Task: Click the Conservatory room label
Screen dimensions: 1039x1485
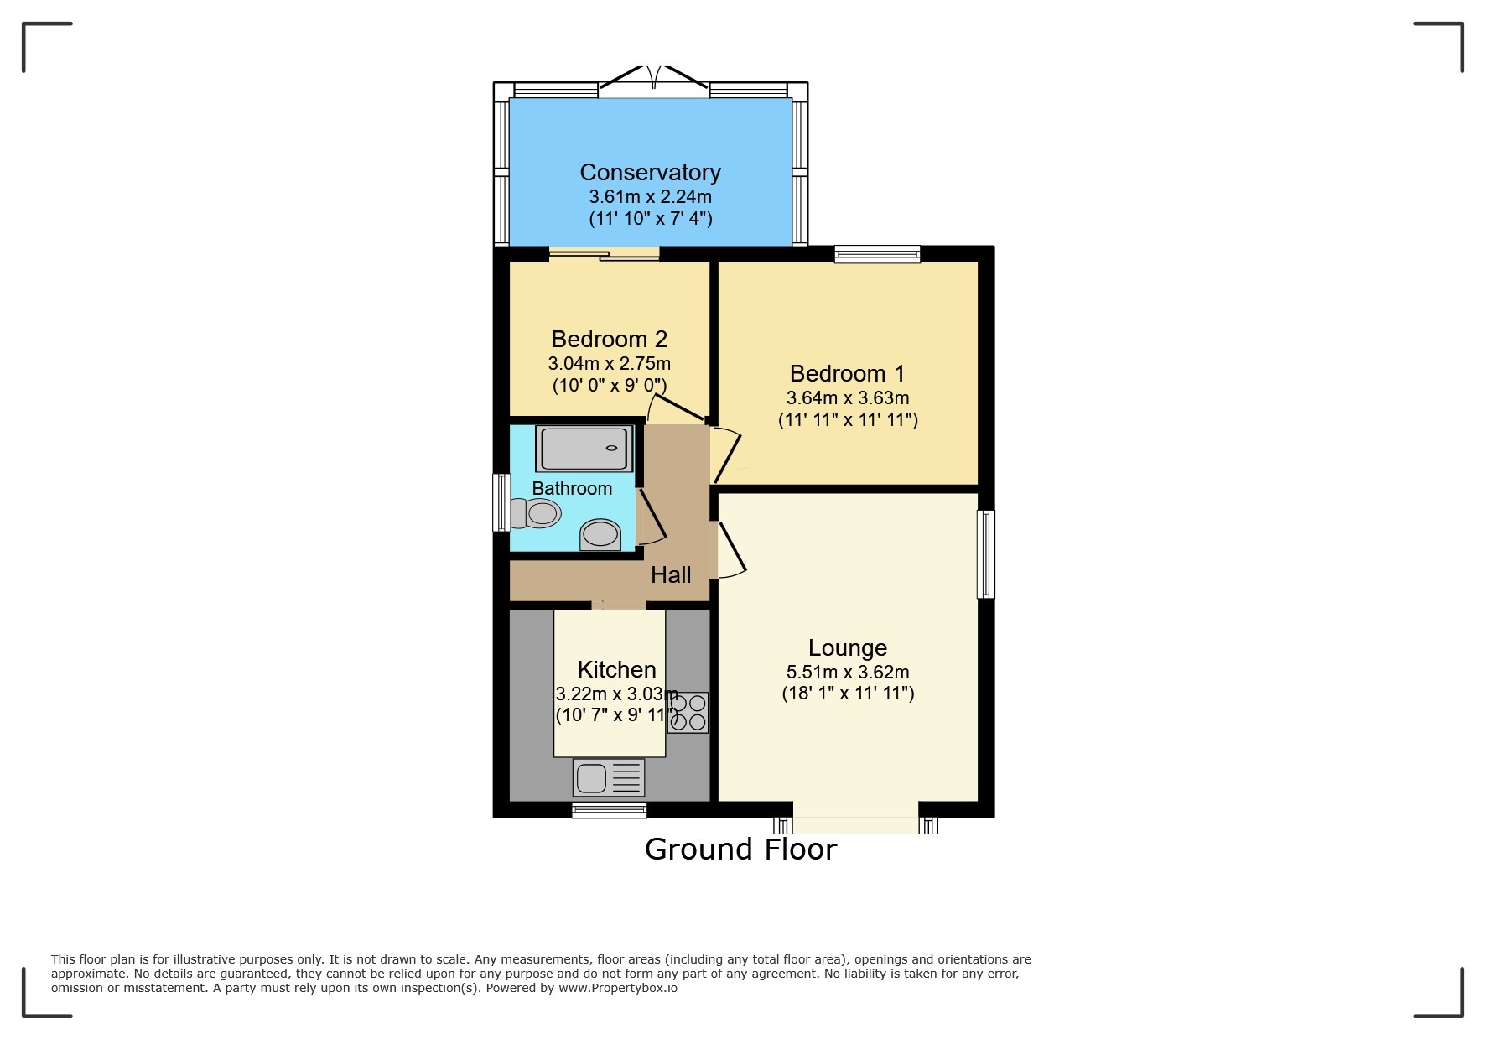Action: point(650,173)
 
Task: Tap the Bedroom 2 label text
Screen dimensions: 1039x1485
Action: point(609,340)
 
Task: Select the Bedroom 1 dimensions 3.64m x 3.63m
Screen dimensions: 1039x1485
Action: point(847,398)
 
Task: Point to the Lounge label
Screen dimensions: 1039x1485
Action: point(847,648)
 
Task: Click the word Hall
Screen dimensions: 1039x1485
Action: point(671,575)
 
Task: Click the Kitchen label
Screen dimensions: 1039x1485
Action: point(616,670)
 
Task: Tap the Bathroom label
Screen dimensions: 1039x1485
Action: point(572,489)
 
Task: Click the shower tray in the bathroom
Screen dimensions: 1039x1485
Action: point(584,449)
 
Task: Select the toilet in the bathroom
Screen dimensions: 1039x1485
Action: point(537,513)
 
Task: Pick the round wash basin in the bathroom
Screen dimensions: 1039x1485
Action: point(600,534)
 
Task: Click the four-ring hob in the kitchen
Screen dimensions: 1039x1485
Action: point(688,713)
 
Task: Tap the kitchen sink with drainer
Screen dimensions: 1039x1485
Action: point(609,778)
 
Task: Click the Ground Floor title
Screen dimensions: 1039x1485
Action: point(740,849)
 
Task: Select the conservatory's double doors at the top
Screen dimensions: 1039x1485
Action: point(654,80)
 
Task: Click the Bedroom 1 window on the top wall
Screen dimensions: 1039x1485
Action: point(877,254)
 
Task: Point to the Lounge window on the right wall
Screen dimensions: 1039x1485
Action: point(986,554)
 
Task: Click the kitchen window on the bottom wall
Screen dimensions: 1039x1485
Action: point(609,809)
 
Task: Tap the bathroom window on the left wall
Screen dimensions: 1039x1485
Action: point(501,502)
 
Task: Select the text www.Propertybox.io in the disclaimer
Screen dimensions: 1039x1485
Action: point(617,988)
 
